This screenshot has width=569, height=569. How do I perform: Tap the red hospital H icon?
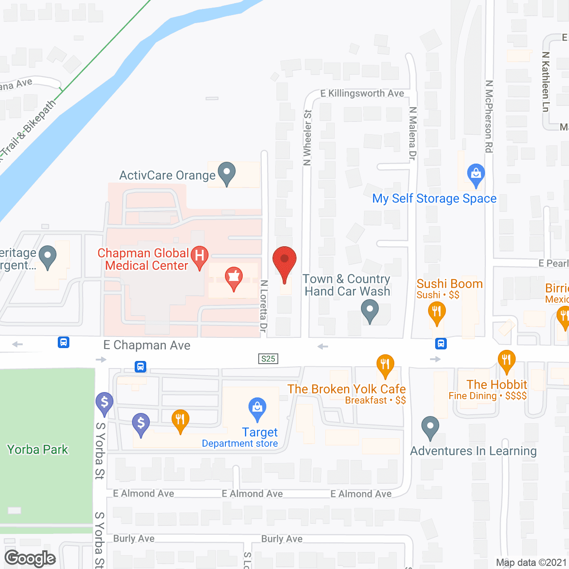(200, 256)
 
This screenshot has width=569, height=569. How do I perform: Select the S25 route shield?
(268, 359)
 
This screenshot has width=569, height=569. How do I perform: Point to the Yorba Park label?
(38, 449)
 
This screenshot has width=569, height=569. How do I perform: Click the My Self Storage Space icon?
(476, 174)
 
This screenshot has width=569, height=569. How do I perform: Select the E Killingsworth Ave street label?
(362, 93)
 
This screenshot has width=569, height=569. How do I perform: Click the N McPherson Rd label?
(489, 116)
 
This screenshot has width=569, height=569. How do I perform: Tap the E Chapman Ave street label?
(147, 345)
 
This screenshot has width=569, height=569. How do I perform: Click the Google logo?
(30, 558)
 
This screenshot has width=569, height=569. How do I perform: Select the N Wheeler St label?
(307, 138)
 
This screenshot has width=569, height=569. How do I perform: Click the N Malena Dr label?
(413, 133)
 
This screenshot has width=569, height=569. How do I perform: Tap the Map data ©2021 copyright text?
(531, 562)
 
